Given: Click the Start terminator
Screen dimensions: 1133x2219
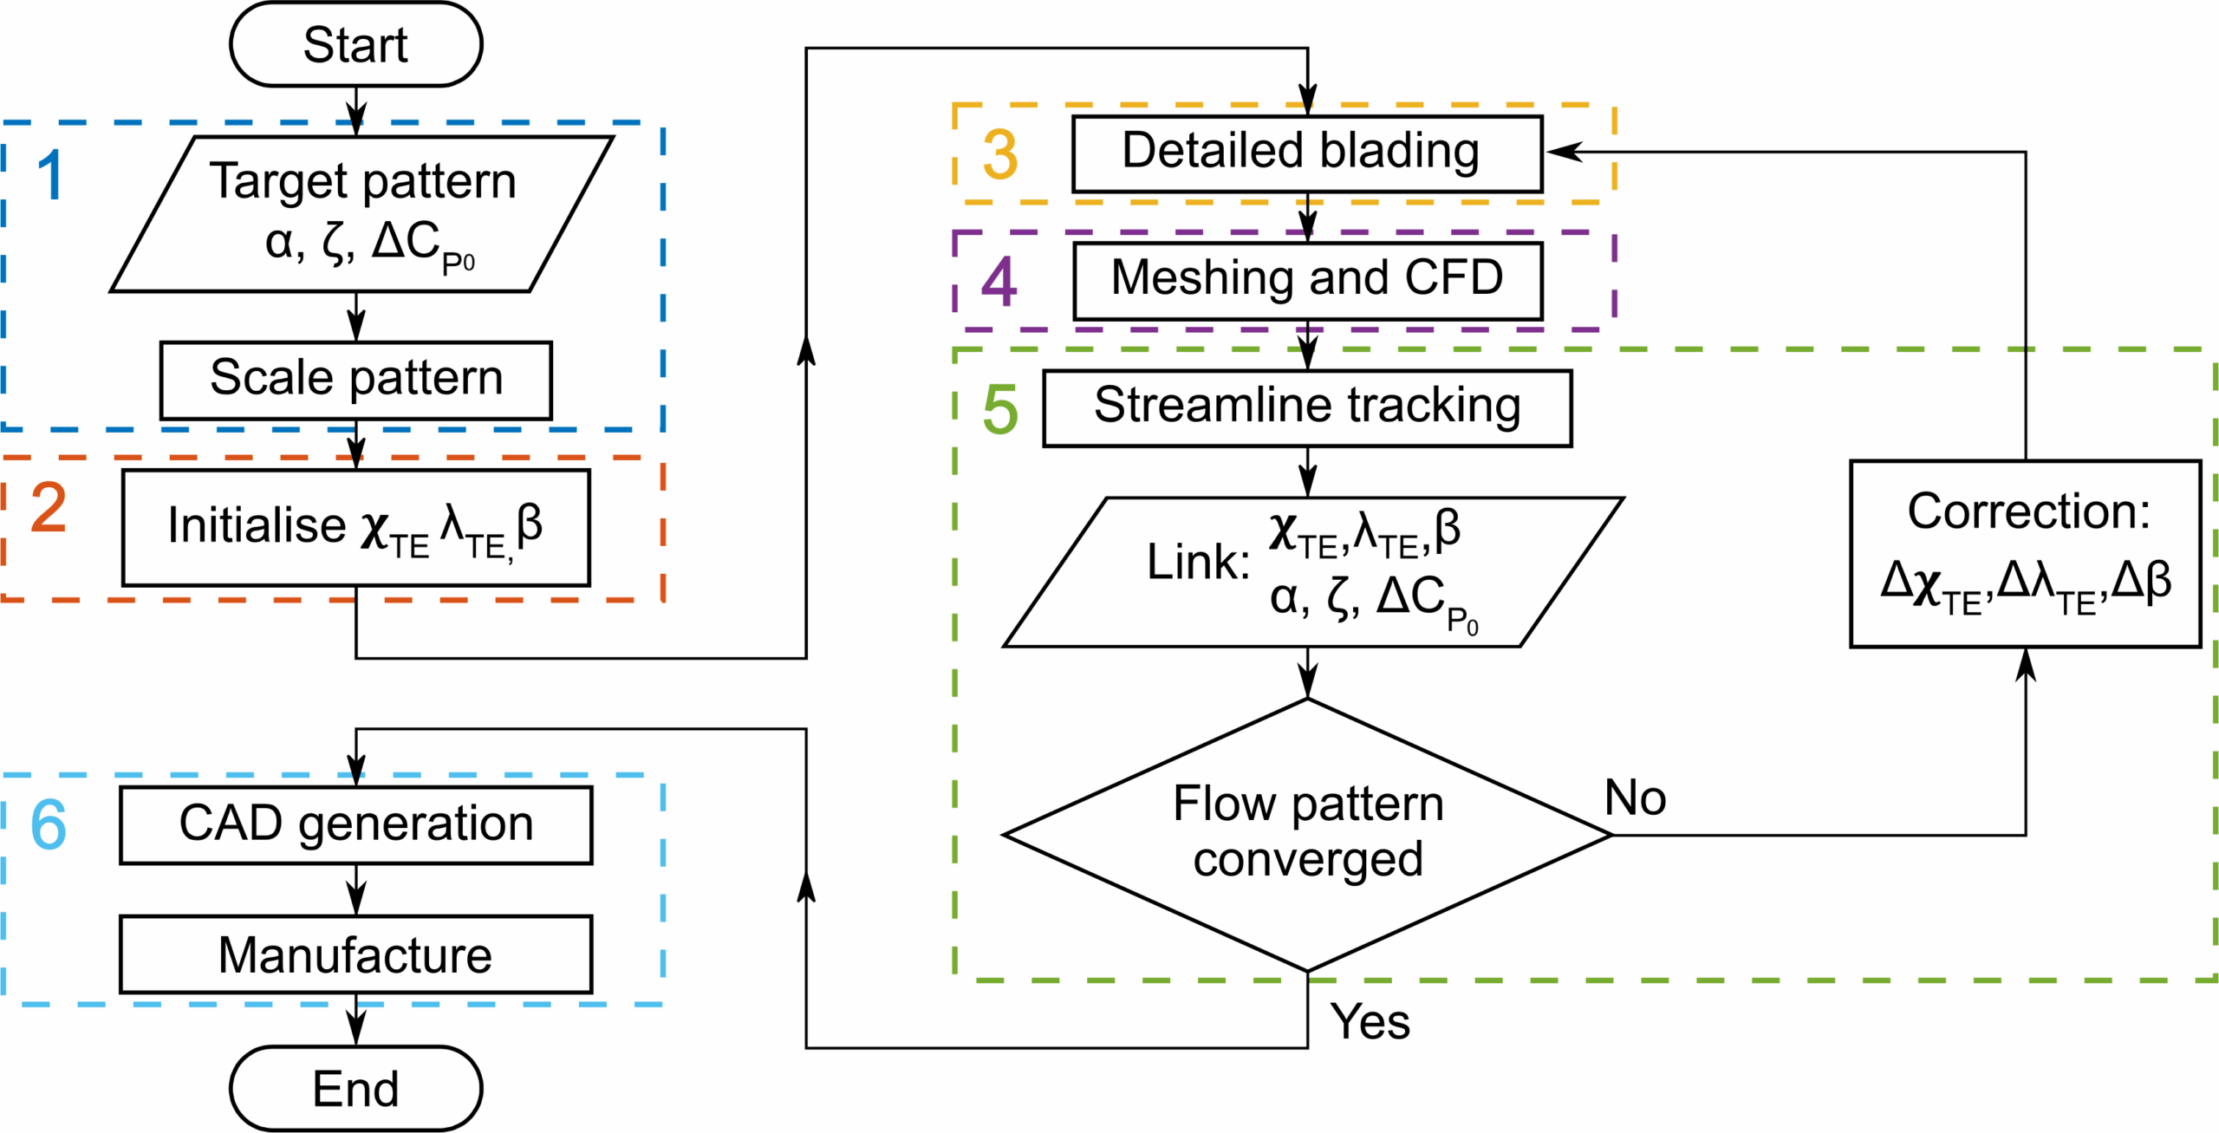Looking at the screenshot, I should click(x=355, y=44).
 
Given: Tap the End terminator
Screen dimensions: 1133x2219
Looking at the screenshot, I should click(x=355, y=1088).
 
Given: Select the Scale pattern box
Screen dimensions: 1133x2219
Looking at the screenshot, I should click(x=355, y=380).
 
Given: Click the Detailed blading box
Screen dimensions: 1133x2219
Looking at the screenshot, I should click(x=1306, y=153).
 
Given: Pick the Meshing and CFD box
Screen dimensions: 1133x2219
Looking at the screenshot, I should click(x=1307, y=280).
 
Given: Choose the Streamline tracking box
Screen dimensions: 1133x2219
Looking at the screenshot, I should click(x=1306, y=407).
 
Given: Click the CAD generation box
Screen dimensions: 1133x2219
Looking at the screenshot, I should click(x=355, y=824).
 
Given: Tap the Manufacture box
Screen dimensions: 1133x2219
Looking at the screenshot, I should click(x=355, y=954).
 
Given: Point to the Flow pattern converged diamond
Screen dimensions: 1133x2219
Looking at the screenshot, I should click(x=1307, y=834).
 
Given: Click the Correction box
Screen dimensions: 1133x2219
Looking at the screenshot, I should click(x=2025, y=553).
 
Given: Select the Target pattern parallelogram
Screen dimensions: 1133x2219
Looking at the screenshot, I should click(x=361, y=213).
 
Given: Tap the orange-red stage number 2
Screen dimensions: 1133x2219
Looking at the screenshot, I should click(x=49, y=508).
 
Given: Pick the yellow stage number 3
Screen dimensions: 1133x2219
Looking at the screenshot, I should click(x=999, y=155).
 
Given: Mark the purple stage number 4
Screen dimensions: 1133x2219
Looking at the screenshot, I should click(x=999, y=282).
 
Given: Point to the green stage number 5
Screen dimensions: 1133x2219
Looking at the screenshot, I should click(x=999, y=409).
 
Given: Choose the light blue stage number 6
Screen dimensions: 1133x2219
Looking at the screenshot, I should click(x=49, y=824).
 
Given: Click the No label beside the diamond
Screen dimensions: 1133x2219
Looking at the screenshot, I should click(x=1635, y=798).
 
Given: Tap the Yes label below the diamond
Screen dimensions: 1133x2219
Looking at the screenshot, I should click(x=1370, y=1021).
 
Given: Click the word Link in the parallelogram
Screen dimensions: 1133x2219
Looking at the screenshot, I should click(x=1197, y=562).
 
